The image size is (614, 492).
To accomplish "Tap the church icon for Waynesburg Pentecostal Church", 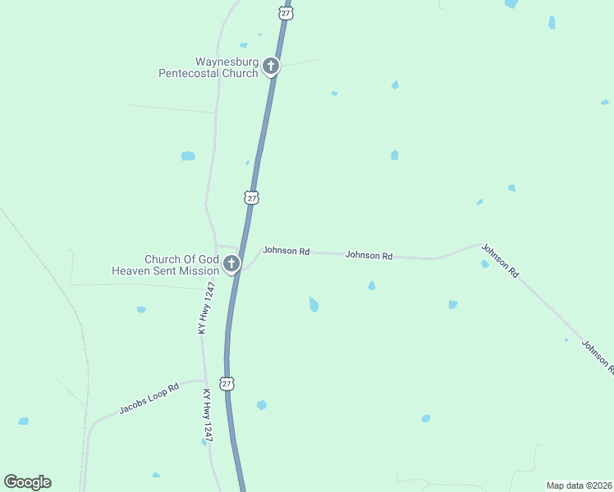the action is point(271,66).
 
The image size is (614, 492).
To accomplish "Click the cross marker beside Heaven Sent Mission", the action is point(231,263).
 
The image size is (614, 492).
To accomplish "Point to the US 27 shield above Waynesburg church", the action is point(285,13).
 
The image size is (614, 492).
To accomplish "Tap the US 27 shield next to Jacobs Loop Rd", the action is point(227,383).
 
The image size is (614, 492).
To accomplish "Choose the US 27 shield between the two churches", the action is point(252,198).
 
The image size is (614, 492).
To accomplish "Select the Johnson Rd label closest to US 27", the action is point(286,251).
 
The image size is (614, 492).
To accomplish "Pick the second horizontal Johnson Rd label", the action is point(368,255).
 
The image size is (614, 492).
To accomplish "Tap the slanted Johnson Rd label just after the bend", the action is point(500,260).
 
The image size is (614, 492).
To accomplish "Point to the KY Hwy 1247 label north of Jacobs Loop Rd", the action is point(206,307).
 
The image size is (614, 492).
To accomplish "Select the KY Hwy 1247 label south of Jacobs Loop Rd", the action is point(207,416).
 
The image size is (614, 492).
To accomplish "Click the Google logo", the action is point(28,482).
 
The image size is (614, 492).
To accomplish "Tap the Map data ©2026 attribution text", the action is point(578,485).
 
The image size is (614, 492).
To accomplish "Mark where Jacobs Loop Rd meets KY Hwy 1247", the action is point(203,380).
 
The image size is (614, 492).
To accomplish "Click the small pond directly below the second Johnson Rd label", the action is point(372,285).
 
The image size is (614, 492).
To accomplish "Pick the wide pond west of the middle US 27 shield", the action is point(188,156).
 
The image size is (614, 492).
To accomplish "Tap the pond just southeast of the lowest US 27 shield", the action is point(262,405).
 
